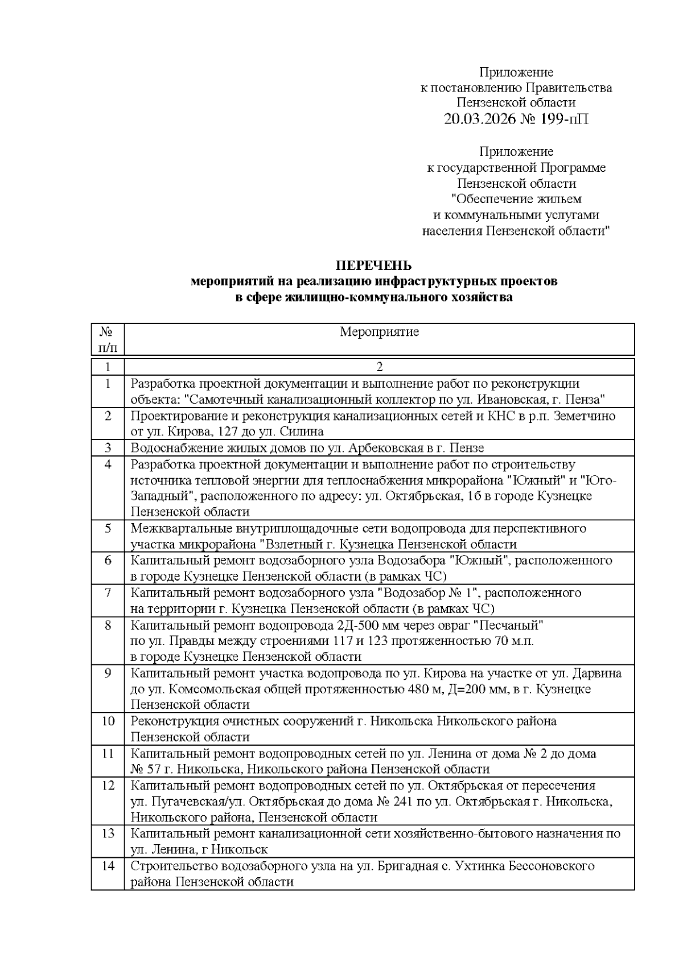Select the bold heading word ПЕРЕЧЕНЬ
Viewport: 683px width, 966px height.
coord(373,266)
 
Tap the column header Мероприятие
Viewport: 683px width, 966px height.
coord(379,332)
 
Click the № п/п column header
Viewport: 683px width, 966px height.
coord(108,339)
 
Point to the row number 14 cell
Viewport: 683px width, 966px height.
coord(108,866)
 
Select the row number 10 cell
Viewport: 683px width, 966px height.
coord(108,721)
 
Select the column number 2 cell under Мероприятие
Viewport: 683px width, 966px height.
coord(379,367)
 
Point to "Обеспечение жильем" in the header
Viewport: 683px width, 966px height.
coord(516,199)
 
